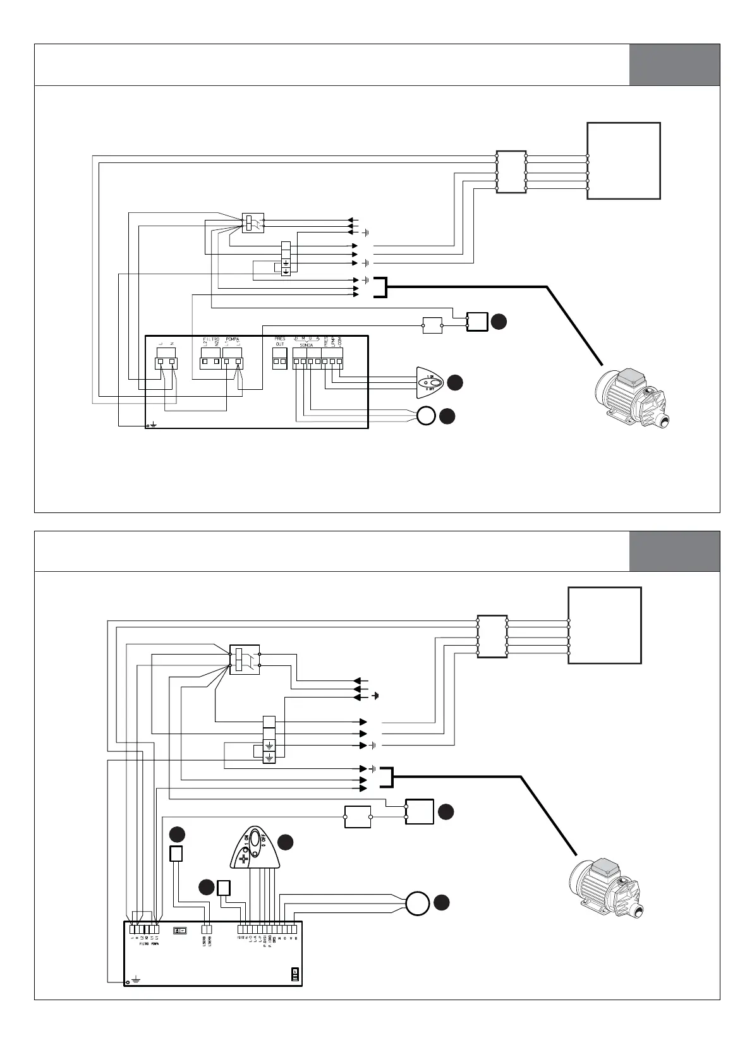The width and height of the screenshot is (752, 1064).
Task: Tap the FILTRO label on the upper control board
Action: (210, 339)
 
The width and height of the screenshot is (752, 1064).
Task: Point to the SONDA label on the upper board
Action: (306, 346)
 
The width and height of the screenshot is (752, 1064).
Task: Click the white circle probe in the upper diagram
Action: (427, 416)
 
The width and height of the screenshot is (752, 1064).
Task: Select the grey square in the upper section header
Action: (674, 64)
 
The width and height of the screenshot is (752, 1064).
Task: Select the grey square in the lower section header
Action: (674, 551)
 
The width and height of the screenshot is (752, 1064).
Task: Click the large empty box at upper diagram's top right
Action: (624, 160)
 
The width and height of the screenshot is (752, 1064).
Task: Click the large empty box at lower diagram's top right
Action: (605, 625)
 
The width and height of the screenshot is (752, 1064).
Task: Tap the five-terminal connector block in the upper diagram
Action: (511, 172)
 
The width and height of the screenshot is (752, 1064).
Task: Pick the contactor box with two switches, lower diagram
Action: (244, 660)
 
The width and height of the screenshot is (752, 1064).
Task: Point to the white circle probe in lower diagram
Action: (417, 903)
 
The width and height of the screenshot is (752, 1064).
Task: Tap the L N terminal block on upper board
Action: (167, 363)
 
